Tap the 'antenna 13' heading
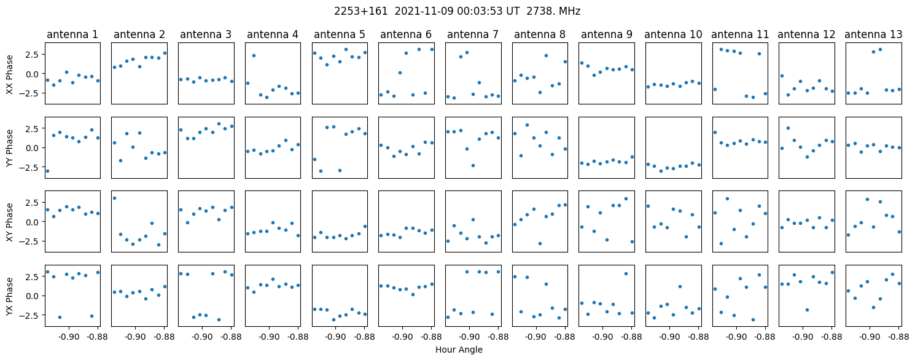tap(873, 35)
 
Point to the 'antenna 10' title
tap(673, 35)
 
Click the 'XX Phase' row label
tap(9, 74)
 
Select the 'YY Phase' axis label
tap(9, 147)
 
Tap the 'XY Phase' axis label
tap(9, 221)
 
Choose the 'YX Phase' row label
tap(9, 295)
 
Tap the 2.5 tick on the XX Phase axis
tap(31, 55)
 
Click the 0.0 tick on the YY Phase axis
tap(31, 148)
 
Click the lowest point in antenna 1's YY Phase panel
tap(47, 171)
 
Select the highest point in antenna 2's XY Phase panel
tap(114, 198)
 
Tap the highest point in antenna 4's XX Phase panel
tap(254, 55)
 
